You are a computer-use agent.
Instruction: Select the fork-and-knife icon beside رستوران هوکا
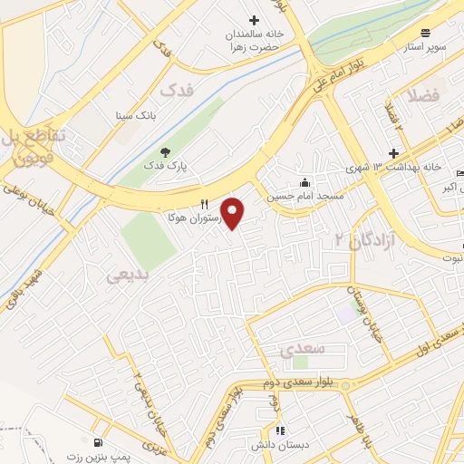pyautogui.click(x=204, y=205)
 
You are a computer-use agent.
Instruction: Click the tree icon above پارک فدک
pyautogui.click(x=165, y=151)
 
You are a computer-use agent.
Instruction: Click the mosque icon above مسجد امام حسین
pyautogui.click(x=304, y=180)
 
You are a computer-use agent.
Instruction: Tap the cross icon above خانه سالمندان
pyautogui.click(x=254, y=20)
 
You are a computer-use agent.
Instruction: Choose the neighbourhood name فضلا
pyautogui.click(x=423, y=95)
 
